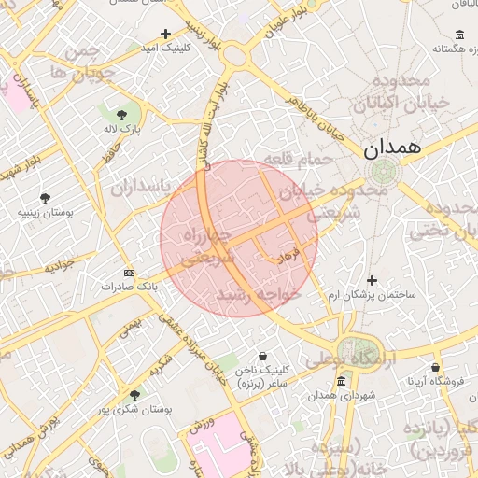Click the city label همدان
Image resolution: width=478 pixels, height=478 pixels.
392,147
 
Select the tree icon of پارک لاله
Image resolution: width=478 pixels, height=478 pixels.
121,114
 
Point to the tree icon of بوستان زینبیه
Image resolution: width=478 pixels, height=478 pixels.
44,198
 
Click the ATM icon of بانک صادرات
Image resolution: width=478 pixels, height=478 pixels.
129,273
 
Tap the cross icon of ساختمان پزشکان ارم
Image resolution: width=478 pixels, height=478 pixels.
372,280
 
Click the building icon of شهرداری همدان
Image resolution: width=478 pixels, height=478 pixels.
341,381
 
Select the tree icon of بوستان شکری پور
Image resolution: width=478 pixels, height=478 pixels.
135,395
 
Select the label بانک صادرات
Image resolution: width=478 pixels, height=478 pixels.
128,288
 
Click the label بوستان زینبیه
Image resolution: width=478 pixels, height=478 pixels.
45,213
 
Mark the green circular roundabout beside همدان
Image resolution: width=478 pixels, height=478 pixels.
383,171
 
